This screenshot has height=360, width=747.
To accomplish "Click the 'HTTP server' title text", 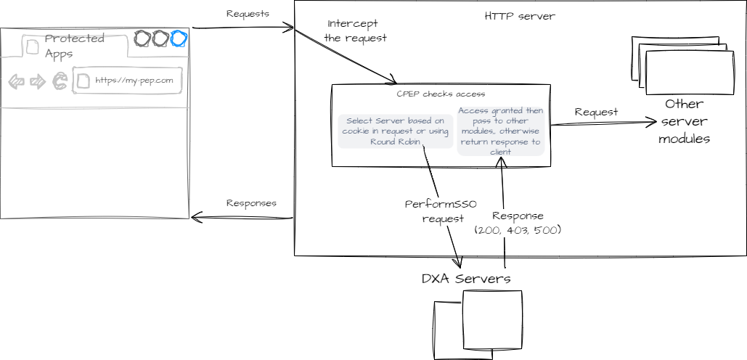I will (x=520, y=17).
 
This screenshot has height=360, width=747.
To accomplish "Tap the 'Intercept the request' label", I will (x=355, y=30).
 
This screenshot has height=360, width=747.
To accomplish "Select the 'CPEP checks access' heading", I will (x=441, y=94).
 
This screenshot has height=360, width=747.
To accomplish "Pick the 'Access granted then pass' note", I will (x=500, y=131).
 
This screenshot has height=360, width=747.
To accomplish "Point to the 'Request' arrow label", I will (x=596, y=112).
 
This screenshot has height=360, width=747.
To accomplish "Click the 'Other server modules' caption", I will (x=683, y=120).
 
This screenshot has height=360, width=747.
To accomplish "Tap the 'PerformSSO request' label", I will (x=441, y=211).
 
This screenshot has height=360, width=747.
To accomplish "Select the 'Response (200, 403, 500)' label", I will (x=518, y=223).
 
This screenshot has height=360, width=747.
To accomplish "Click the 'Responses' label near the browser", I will (x=251, y=204).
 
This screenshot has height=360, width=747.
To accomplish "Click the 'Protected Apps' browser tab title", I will (x=74, y=46).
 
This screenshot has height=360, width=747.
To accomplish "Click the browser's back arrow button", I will (x=16, y=81).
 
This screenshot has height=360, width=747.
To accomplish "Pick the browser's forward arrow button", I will (x=37, y=81).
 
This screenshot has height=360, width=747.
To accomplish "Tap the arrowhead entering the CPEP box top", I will (x=393, y=81).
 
